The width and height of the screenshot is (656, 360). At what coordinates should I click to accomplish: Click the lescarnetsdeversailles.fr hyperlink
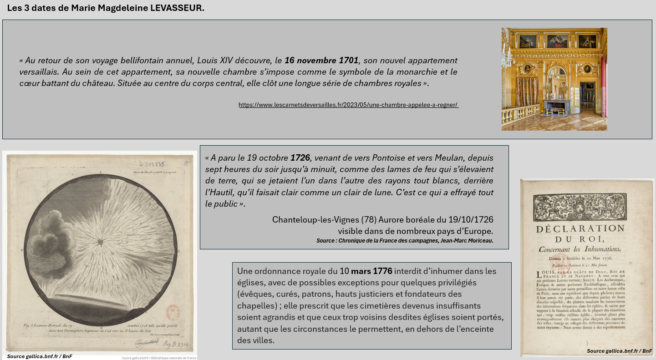pyautogui.click(x=348, y=105)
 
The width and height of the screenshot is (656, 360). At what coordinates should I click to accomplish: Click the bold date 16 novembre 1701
pyautogui.click(x=321, y=61)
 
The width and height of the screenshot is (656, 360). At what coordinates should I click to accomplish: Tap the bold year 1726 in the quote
pyautogui.click(x=300, y=158)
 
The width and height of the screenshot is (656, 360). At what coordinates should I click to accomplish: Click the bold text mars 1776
pyautogui.click(x=371, y=271)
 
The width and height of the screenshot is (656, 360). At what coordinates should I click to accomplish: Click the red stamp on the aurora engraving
pyautogui.click(x=173, y=314)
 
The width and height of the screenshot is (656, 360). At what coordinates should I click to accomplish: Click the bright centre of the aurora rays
pyautogui.click(x=100, y=240)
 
